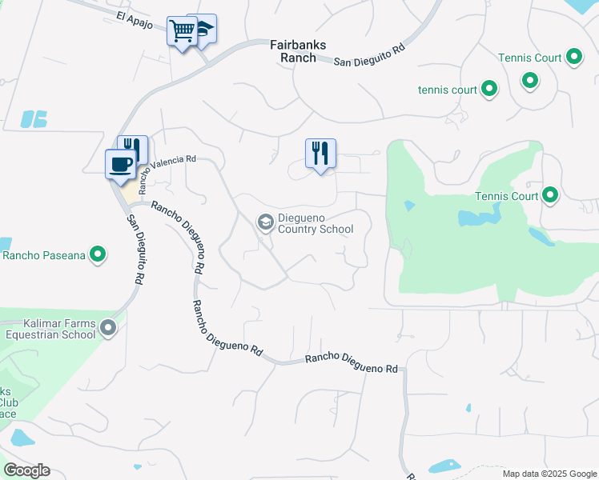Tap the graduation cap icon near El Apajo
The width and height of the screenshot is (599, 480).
click(x=203, y=29)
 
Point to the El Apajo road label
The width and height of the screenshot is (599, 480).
click(x=133, y=17)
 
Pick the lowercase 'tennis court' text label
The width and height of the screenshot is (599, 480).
click(x=447, y=90)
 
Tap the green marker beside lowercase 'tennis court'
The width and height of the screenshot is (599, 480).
click(x=489, y=90)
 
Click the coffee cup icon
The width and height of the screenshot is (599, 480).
click(x=121, y=164)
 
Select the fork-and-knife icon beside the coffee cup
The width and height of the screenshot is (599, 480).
click(x=132, y=149)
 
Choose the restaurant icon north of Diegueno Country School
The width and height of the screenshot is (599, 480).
click(x=320, y=153)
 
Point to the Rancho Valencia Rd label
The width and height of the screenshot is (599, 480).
click(x=167, y=173)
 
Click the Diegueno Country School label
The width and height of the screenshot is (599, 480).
click(x=316, y=223)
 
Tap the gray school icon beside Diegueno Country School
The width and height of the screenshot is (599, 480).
click(x=265, y=222)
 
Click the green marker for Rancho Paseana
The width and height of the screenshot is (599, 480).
click(x=98, y=255)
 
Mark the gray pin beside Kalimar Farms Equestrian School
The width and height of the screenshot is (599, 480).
click(x=110, y=328)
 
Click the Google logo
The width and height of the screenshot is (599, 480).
click(x=26, y=470)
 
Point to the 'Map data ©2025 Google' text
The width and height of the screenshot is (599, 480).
click(x=549, y=474)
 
